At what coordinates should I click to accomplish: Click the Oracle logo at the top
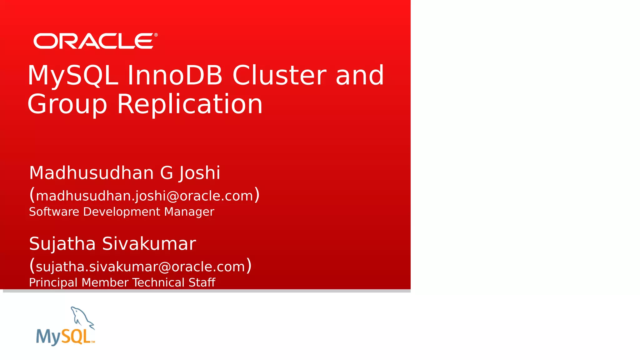tap(94, 41)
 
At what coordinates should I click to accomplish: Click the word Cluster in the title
tap(279, 75)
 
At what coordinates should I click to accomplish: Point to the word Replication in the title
tap(190, 104)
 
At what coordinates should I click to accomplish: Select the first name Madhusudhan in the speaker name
tap(91, 173)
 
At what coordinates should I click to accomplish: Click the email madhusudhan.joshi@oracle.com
tap(144, 196)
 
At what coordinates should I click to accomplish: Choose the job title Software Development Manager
tap(122, 212)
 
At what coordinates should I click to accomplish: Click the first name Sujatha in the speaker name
tap(62, 244)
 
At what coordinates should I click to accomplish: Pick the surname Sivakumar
tap(149, 244)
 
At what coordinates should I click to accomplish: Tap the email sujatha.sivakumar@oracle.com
tap(140, 267)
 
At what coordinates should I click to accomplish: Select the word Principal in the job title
tap(53, 283)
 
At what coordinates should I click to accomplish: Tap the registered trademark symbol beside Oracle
tap(156, 35)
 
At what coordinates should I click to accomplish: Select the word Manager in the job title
tap(189, 212)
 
